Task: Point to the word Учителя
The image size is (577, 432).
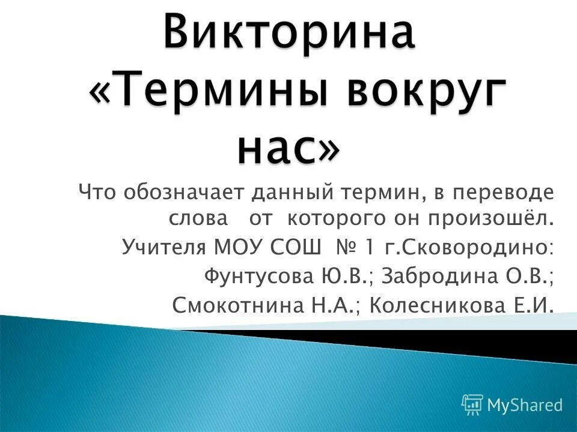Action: (x=160, y=247)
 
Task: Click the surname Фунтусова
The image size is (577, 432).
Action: (x=258, y=276)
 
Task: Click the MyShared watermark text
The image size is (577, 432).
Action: (x=525, y=405)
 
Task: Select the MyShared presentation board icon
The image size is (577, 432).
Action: (x=472, y=405)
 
